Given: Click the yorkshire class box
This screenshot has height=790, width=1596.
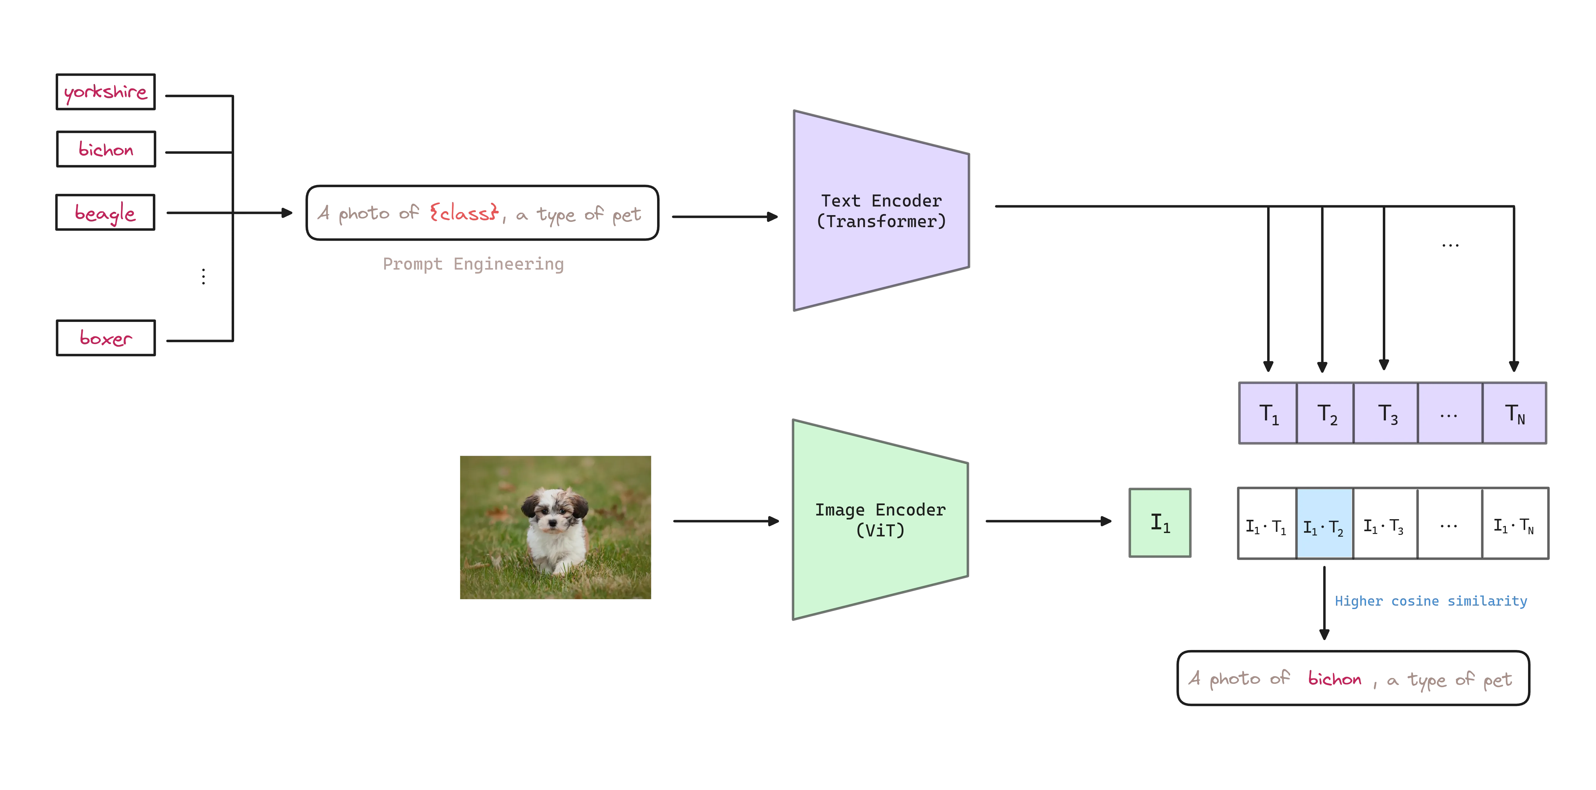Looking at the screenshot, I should [x=105, y=92].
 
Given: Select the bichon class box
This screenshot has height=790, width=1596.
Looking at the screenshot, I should [x=105, y=150].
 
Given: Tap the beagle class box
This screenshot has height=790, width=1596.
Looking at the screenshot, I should [x=105, y=212].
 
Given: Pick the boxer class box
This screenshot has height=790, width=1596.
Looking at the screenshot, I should [x=105, y=338].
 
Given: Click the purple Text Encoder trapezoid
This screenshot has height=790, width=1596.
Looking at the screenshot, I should [x=881, y=211].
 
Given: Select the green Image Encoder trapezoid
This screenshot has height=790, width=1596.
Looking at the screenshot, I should [x=880, y=520].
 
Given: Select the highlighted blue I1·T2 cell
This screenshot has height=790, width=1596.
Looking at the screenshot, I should [x=1324, y=523].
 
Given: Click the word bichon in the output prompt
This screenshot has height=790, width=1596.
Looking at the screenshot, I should [x=1335, y=680].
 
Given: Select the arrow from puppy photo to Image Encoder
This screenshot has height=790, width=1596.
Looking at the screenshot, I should [x=725, y=522].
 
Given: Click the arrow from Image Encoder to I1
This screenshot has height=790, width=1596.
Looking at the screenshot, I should [x=1047, y=522].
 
